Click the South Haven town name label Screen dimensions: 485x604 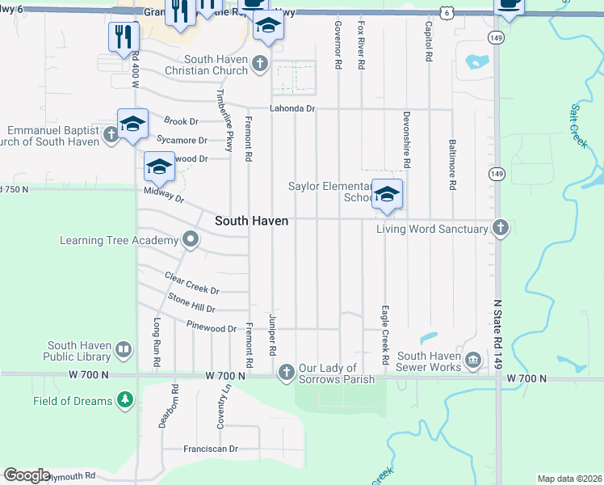coord(251,221)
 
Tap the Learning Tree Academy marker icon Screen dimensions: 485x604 coord(190,239)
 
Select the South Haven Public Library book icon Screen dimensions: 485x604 coord(123,350)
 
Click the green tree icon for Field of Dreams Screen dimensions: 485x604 coord(124,399)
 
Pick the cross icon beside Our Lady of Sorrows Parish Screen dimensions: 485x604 coord(285,373)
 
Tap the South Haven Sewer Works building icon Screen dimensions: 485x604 coord(472,359)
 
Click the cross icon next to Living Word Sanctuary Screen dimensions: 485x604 coord(501,228)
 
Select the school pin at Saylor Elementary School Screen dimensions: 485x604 coord(388,195)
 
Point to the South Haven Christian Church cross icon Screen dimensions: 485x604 coord(259,64)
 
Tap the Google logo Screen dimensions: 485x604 coord(27,475)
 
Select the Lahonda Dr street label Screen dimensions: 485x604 coord(292,108)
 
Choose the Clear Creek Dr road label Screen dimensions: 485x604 coord(191,284)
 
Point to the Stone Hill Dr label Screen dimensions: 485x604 coord(191,302)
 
